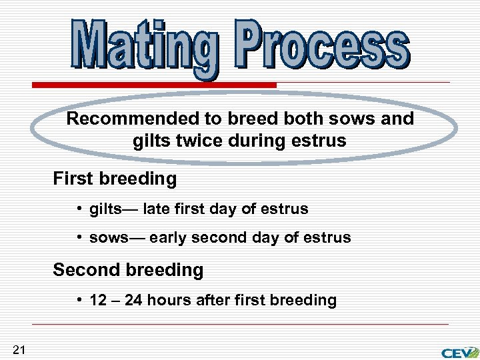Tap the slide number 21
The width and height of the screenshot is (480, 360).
19,349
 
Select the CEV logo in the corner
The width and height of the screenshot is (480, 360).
459,352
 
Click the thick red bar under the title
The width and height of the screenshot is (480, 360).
154,85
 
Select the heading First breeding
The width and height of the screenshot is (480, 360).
115,179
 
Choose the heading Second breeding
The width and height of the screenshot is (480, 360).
128,270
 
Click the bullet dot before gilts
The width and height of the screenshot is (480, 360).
79,209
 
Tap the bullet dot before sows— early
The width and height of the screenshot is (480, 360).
79,238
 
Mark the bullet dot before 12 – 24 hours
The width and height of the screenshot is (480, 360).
79,300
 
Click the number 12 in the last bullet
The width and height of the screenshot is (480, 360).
98,300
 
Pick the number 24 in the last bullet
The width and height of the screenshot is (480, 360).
133,300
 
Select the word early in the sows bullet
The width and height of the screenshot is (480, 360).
168,238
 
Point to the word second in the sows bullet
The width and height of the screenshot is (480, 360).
217,238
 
